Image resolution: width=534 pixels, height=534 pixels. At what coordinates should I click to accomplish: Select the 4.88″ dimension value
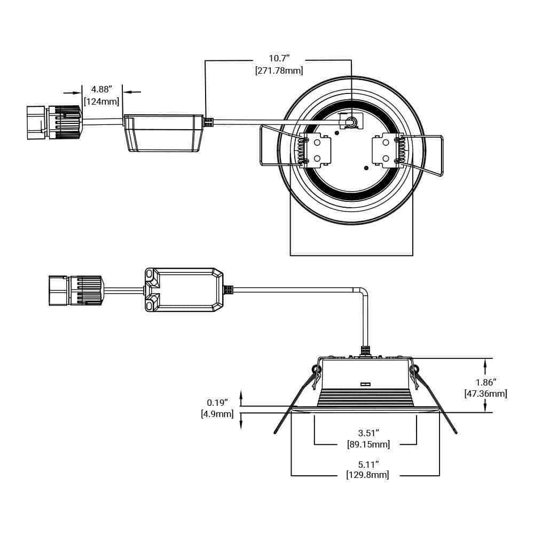[x=101, y=89]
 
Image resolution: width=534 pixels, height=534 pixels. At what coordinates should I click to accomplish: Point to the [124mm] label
[x=101, y=101]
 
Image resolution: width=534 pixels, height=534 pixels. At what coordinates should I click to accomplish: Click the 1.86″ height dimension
[x=486, y=382]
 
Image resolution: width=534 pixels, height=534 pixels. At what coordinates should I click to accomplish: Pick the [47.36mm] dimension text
[x=486, y=394]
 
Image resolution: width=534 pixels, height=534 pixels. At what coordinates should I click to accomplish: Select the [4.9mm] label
[x=217, y=413]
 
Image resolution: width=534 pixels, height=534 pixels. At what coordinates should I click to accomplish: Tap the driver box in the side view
[x=184, y=289]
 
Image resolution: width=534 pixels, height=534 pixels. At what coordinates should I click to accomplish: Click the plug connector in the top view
[x=54, y=122]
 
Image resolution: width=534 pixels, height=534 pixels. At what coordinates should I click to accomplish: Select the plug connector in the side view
[x=75, y=290]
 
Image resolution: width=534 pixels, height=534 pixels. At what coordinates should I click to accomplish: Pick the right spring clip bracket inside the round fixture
[x=386, y=151]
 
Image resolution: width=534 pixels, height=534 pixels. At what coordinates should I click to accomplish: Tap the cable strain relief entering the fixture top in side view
[x=366, y=351]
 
